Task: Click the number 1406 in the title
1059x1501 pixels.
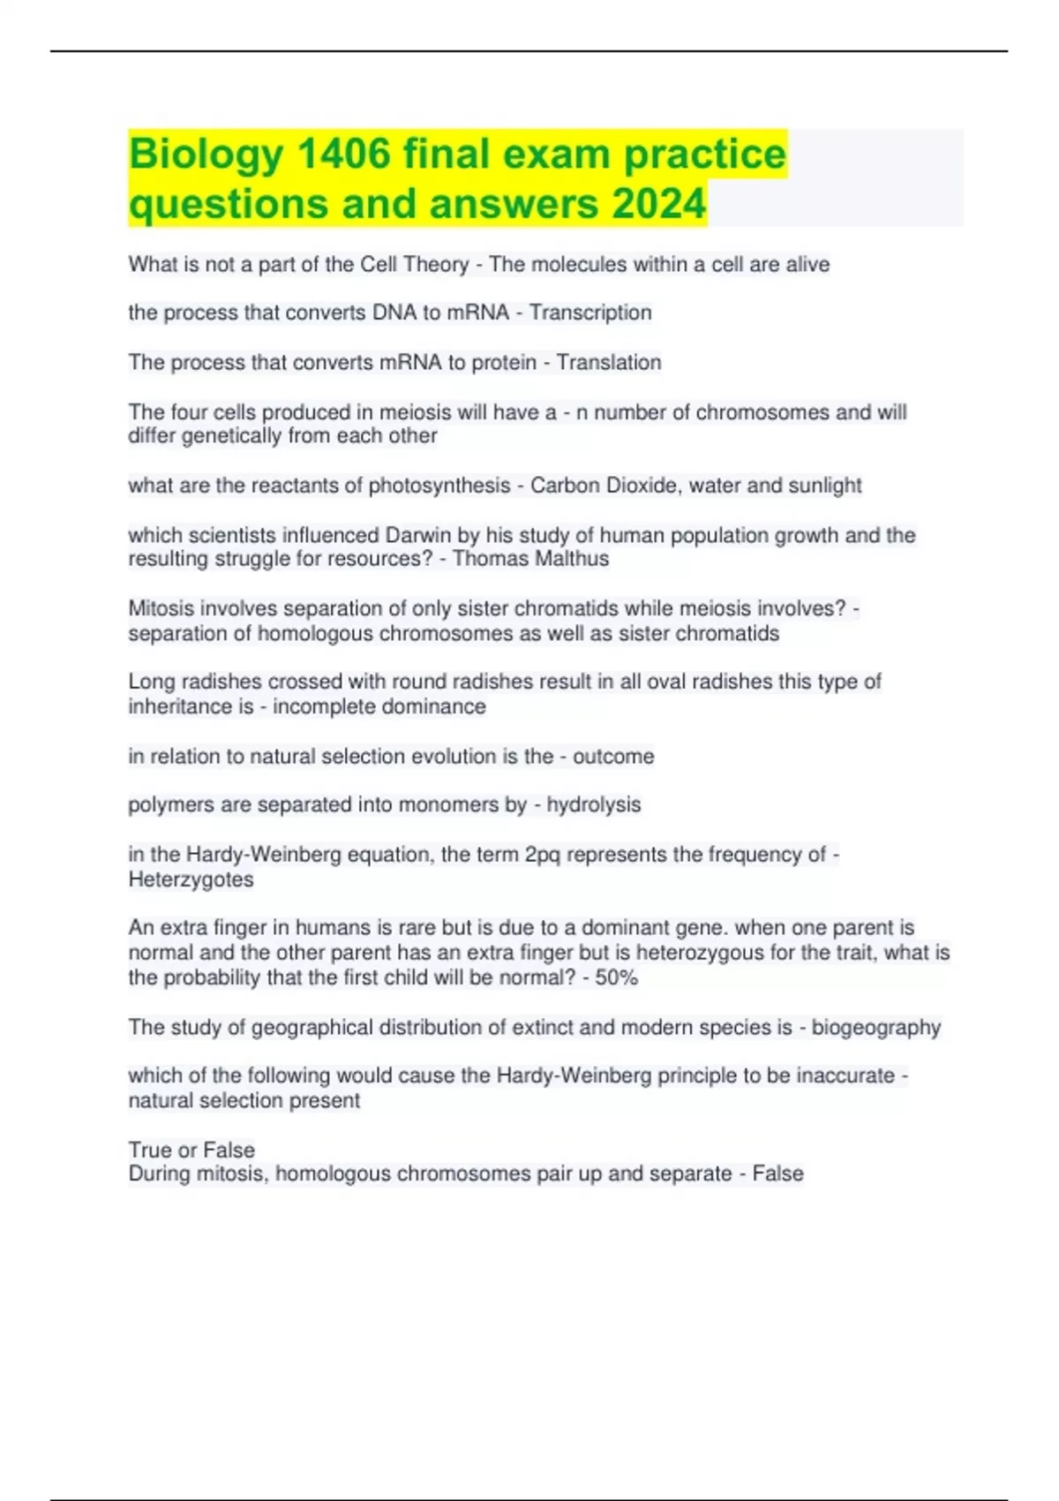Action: pyautogui.click(x=345, y=154)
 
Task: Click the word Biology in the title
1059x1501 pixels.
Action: pyautogui.click(x=206, y=155)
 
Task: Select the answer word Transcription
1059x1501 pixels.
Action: pyautogui.click(x=590, y=313)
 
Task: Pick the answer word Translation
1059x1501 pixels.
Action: pyautogui.click(x=609, y=362)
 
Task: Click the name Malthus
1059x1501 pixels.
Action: pyautogui.click(x=575, y=559)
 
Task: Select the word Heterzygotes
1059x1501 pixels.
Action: pyautogui.click(x=191, y=879)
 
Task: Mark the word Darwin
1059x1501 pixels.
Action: pyautogui.click(x=417, y=535)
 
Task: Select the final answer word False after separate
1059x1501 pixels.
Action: pyautogui.click(x=777, y=1173)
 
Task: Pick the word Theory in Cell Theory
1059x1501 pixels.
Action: pyautogui.click(x=435, y=265)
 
